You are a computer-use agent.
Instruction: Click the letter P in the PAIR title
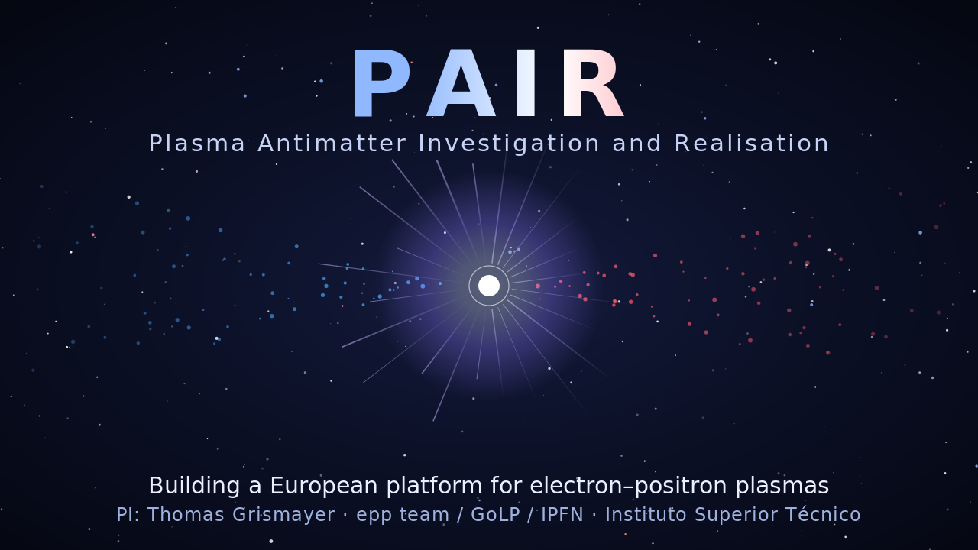tap(381, 83)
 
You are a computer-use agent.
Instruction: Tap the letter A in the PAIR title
tap(461, 83)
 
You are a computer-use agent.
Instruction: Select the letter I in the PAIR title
tap(526, 83)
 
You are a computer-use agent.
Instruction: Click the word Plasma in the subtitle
tap(197, 144)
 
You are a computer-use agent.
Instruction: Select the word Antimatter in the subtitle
tap(332, 144)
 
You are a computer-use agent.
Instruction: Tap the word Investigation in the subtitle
tap(510, 144)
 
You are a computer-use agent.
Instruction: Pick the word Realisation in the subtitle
tap(751, 144)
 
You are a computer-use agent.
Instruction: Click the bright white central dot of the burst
tap(489, 286)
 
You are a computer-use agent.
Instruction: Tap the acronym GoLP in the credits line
tap(496, 515)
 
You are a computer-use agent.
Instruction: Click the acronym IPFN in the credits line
tap(562, 515)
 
